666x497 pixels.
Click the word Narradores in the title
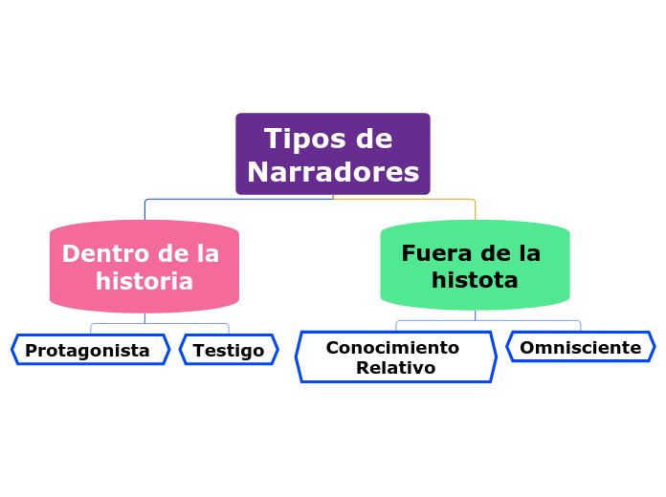(333, 172)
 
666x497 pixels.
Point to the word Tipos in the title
(297, 140)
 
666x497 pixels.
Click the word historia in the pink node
(144, 282)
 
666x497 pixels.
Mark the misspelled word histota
(475, 280)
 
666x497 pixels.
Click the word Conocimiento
(392, 348)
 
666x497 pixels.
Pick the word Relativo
(395, 368)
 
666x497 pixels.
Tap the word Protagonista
(87, 351)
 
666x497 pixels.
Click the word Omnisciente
(580, 348)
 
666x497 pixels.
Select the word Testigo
(229, 351)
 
